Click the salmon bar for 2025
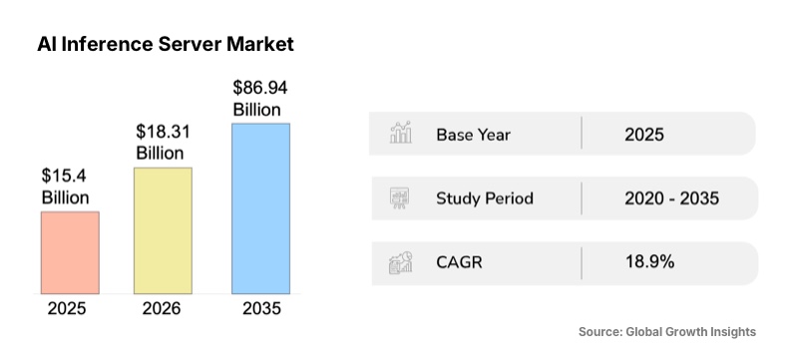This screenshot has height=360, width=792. tap(70, 252)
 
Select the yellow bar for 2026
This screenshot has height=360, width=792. tap(163, 230)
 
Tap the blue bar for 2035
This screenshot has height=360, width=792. tap(261, 208)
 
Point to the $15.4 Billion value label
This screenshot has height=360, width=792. tap(66, 186)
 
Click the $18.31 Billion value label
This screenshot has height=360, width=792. tap(161, 143)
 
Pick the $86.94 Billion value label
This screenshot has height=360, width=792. tap(257, 99)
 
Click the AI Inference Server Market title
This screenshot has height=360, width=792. tap(166, 45)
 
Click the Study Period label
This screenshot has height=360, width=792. tap(485, 197)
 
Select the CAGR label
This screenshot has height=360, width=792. tap(460, 262)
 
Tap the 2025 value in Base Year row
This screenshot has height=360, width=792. tap(643, 134)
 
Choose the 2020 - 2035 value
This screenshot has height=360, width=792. tap(671, 197)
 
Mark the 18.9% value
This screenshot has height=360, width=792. tap(649, 262)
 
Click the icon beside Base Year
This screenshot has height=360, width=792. tap(401, 134)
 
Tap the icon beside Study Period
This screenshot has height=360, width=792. tap(401, 197)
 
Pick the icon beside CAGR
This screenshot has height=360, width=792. tap(401, 263)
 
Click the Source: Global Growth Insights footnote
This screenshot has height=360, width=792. tap(667, 331)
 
